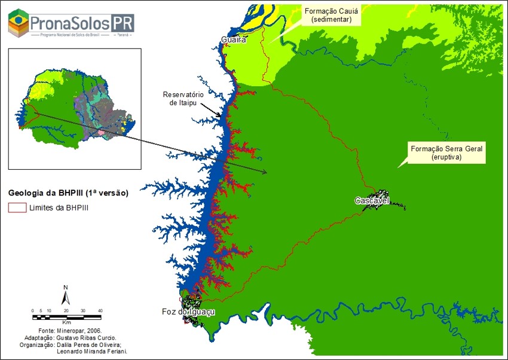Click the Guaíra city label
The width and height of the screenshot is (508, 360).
coord(234,40)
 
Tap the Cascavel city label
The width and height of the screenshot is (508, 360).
coord(372,201)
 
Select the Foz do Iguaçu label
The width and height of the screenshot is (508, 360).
coord(188,312)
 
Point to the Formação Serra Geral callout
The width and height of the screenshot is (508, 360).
coord(445,152)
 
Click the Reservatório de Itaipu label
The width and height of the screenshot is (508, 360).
coord(183,99)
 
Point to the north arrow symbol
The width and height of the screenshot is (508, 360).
coord(66,294)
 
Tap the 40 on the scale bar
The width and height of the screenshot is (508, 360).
coord(100,310)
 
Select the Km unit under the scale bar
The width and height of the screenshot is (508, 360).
coord(66,321)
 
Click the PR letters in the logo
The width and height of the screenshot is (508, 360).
coord(121,23)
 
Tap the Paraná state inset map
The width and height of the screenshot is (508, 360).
coord(75,108)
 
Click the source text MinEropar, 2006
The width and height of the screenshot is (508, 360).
coord(79,330)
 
